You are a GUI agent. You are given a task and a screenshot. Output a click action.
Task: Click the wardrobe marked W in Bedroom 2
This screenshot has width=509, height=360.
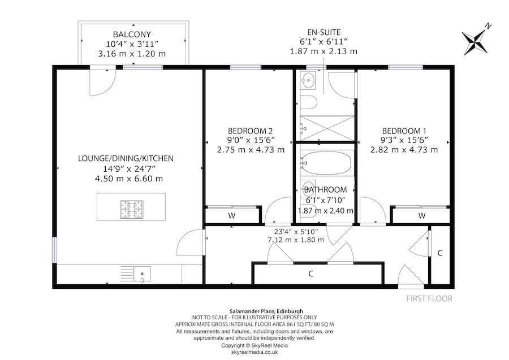pos(232,215)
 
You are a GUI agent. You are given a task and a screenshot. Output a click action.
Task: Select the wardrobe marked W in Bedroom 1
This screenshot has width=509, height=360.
pos(421,215)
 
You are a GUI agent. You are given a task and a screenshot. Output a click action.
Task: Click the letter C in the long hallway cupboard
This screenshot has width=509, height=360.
pos(310,274)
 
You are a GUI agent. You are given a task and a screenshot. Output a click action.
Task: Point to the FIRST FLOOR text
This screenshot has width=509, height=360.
pos(429,298)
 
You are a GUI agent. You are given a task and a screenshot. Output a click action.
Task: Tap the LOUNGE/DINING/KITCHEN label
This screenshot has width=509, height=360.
pos(126,159)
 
